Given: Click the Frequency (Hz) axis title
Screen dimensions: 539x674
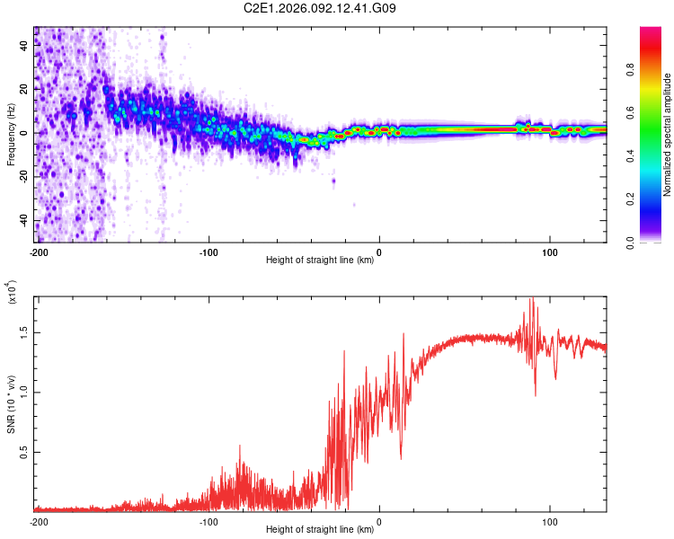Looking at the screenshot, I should (11, 134).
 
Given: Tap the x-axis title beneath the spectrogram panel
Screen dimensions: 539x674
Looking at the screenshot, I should (321, 261).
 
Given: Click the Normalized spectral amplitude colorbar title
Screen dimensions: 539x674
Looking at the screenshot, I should (668, 135).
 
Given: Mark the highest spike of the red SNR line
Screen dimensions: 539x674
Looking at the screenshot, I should (531, 299).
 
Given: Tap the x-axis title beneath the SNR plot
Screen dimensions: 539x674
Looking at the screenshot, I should (321, 530).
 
